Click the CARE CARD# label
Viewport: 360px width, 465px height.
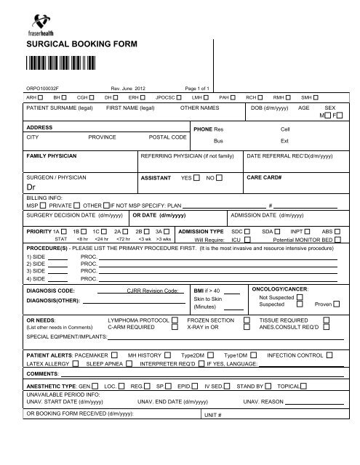coord(265,177)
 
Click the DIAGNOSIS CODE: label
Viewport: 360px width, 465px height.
coord(46,289)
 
